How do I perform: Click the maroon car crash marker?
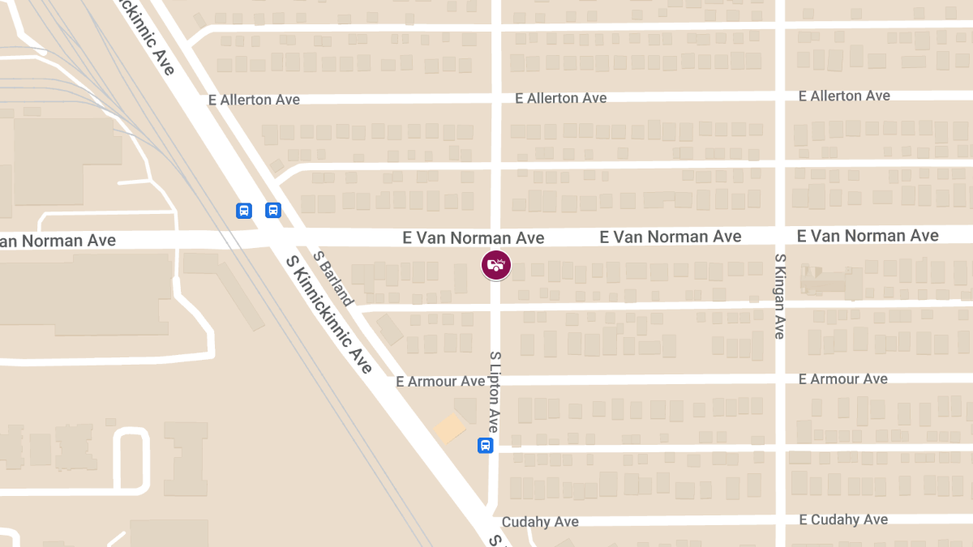496,264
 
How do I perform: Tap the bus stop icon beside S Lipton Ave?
485,446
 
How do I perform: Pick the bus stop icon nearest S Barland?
273,211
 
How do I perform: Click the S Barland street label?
333,278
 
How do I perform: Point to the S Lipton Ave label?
494,392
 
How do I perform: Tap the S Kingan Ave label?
779,297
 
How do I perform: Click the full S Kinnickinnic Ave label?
329,314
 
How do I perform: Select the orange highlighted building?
449,428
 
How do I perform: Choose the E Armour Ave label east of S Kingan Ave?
842,379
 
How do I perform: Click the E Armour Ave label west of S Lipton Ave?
440,381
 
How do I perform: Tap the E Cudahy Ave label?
843,519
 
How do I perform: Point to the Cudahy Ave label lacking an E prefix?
540,522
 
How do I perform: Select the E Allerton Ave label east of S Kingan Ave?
844,96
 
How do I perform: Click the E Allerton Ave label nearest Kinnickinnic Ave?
254,100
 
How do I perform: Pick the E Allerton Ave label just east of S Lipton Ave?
561,98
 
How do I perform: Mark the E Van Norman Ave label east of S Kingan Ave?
868,236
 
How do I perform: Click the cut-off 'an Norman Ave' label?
58,241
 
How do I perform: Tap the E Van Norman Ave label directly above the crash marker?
474,237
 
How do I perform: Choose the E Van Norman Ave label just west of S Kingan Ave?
671,237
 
